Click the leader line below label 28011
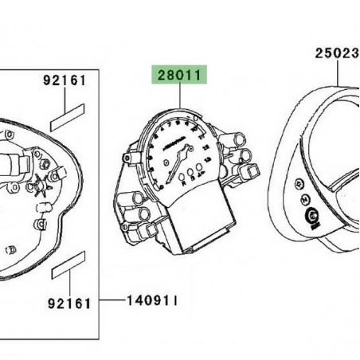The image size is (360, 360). (180, 100)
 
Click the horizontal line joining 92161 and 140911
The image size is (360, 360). (112, 302)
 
